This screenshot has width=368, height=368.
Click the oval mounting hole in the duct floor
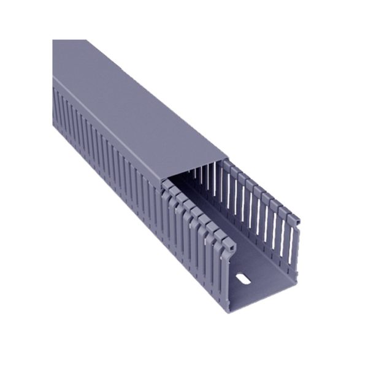243,280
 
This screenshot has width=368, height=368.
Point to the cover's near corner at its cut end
163,182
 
